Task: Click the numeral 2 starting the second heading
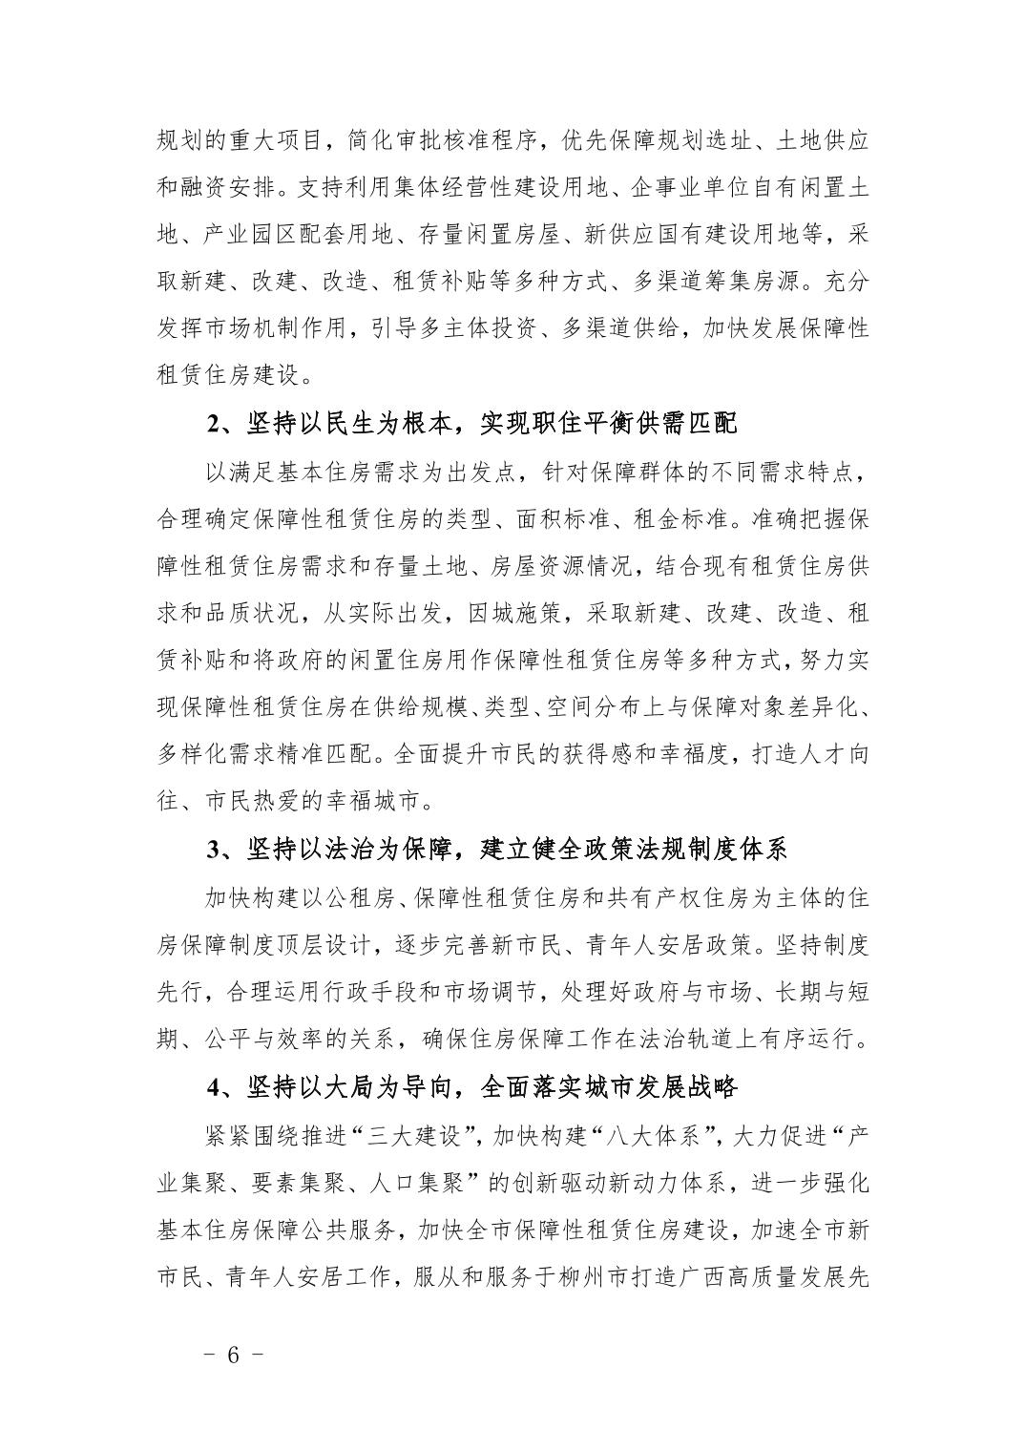pyautogui.click(x=213, y=424)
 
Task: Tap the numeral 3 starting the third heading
pyautogui.click(x=213, y=849)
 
